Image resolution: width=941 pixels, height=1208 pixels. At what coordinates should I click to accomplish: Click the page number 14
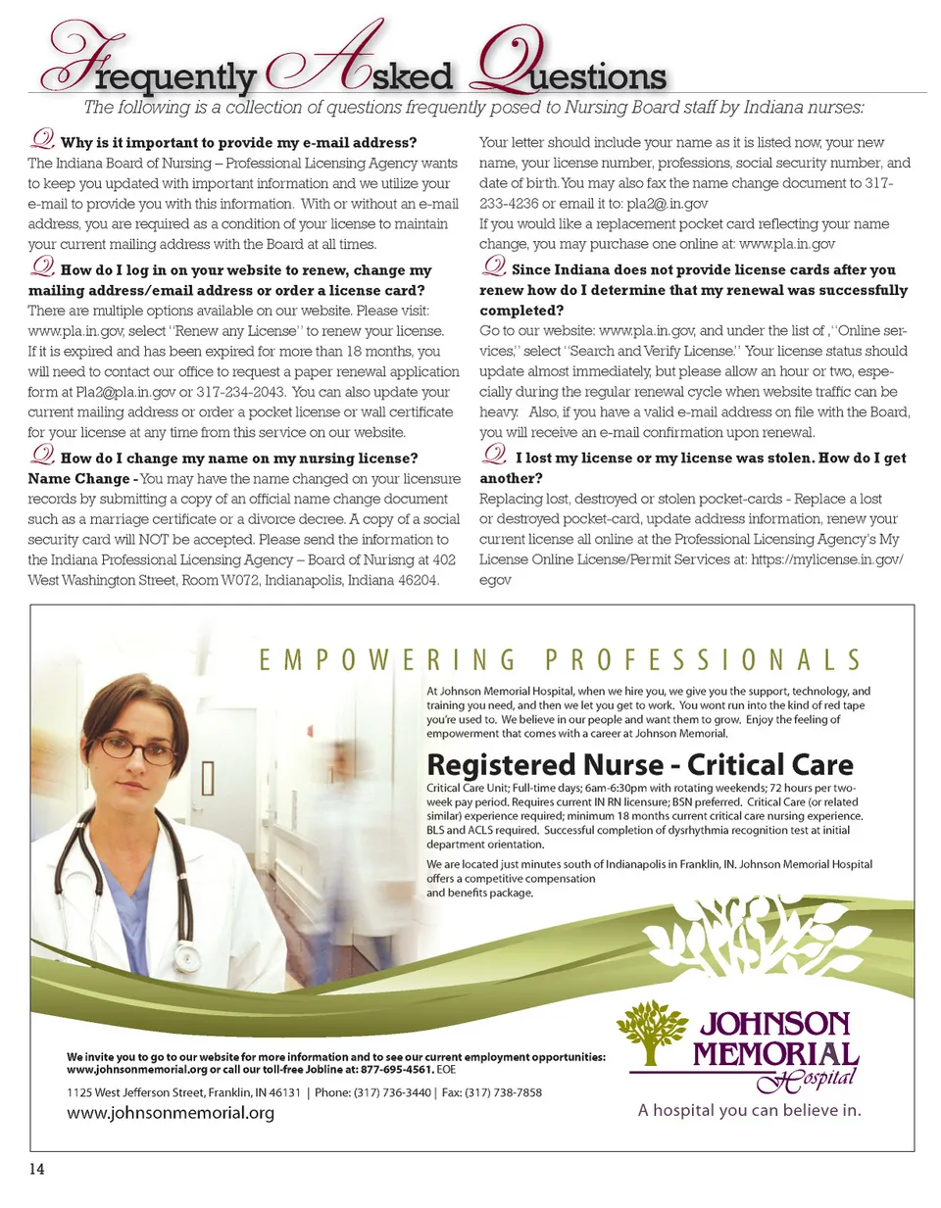[x=37, y=1169]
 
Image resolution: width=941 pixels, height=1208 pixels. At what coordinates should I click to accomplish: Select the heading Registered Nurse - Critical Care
[x=639, y=765]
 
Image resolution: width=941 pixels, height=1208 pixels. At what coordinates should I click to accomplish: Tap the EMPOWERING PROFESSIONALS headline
[x=560, y=660]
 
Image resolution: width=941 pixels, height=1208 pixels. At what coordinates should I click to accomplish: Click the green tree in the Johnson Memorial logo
[x=652, y=1032]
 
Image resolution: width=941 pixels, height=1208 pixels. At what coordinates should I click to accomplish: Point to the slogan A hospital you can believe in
[x=749, y=1110]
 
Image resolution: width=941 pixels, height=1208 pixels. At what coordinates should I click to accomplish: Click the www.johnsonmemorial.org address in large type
[x=171, y=1113]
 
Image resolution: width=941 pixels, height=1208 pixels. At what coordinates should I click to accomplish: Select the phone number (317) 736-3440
[x=392, y=1092]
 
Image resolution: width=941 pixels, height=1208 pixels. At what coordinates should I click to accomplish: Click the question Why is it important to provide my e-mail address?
[x=238, y=143]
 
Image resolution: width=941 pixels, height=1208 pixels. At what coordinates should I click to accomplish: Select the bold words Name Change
[x=78, y=479]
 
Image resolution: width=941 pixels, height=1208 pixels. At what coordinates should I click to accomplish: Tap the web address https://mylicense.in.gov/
[x=826, y=559]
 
